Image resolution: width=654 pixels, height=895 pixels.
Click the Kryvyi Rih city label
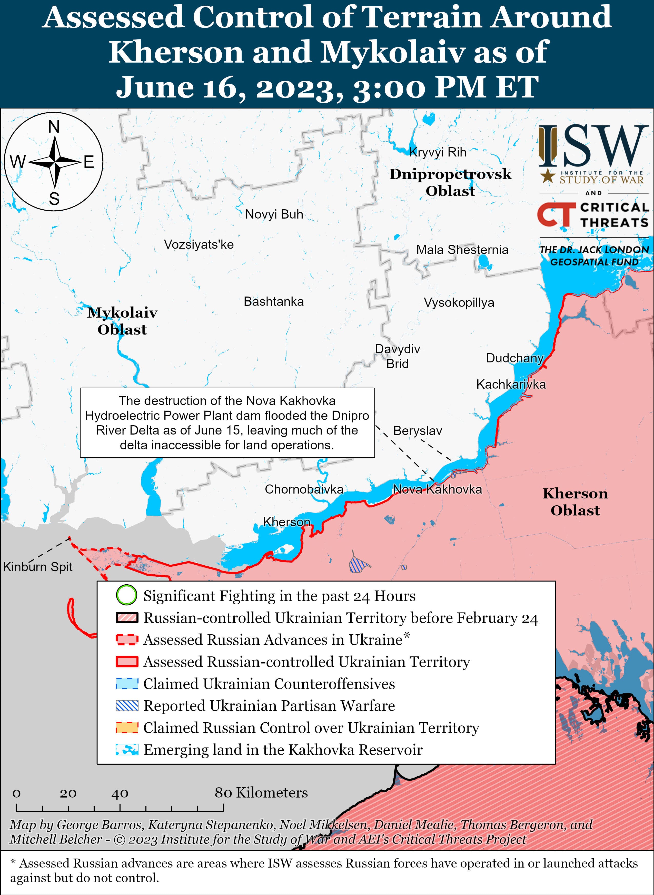438,152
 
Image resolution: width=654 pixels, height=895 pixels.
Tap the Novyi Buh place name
274,214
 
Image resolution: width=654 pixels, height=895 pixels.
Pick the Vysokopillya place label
459,302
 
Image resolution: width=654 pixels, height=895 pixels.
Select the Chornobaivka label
304,489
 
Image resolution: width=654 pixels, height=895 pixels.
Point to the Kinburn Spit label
38,567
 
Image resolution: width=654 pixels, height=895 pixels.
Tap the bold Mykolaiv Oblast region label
122,321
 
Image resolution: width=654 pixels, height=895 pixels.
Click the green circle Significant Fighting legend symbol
127,596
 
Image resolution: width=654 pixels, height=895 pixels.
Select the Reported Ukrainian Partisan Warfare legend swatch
127,706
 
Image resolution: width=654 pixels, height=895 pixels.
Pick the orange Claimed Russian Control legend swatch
127,727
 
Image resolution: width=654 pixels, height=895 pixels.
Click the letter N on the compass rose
54,127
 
